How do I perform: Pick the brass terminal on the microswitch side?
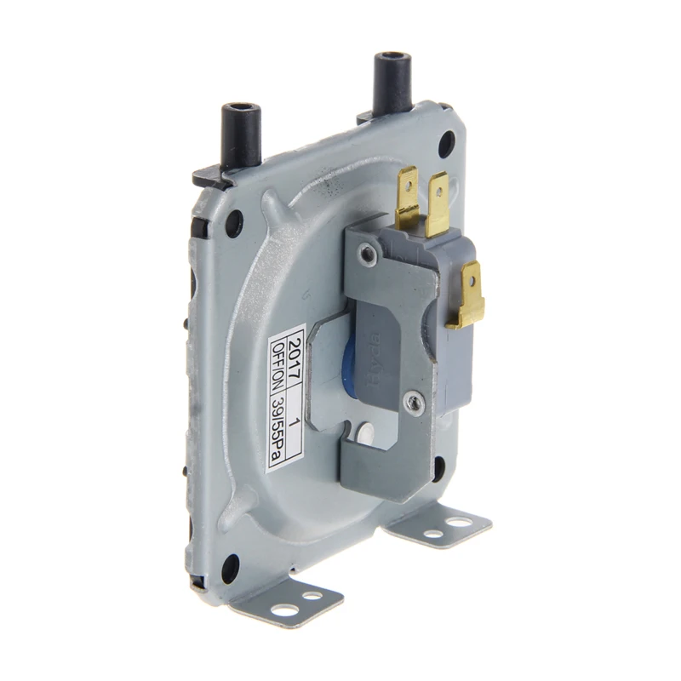[x=466, y=295]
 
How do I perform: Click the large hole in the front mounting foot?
[x=283, y=609]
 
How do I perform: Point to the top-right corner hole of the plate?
[x=446, y=144]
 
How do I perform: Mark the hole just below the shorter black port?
[x=232, y=223]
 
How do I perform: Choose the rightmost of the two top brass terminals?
[x=439, y=204]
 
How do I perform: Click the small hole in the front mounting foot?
[x=312, y=596]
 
